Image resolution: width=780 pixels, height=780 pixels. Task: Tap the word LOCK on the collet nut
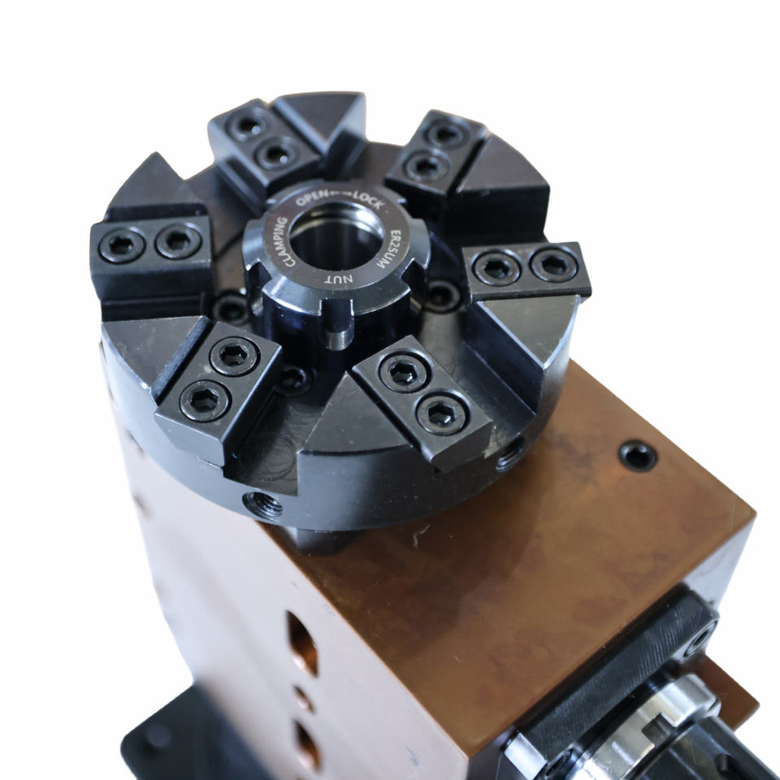369,200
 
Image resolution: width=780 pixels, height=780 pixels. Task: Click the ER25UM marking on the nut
388,249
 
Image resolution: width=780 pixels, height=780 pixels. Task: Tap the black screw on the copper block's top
637,456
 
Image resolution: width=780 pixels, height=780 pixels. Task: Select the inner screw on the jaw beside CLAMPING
179,240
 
